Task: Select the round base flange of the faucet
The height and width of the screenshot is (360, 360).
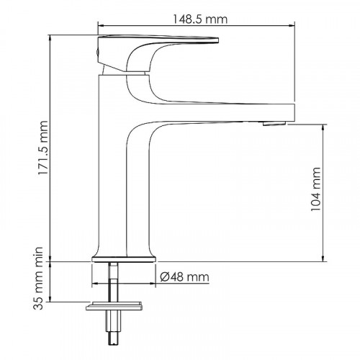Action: [x=123, y=257]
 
